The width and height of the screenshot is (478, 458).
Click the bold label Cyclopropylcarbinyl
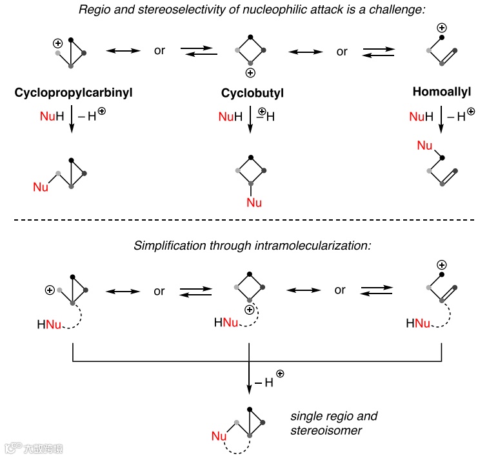click(x=74, y=93)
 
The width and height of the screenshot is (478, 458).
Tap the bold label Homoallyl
click(x=442, y=92)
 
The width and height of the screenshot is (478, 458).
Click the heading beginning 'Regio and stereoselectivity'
click(x=239, y=10)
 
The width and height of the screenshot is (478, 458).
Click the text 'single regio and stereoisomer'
click(x=334, y=423)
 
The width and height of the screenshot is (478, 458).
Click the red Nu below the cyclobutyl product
click(x=254, y=203)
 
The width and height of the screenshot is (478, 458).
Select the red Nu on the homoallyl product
click(x=424, y=146)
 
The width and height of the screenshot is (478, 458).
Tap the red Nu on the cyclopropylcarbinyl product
click(x=41, y=187)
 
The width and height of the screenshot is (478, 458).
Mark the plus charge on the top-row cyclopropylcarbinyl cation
click(x=57, y=43)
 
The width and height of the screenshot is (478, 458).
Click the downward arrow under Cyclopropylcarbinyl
click(x=72, y=120)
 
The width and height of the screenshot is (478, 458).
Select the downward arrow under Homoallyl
click(x=441, y=120)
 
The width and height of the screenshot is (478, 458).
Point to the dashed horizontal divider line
click(x=239, y=221)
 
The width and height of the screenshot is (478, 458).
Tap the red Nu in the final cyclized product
click(x=219, y=437)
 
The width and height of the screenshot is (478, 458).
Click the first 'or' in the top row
click(x=159, y=51)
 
